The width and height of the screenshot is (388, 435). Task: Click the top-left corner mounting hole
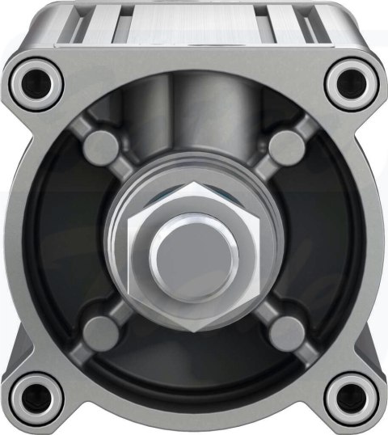coord(35,82)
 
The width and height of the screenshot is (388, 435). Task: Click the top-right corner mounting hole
coord(352,82)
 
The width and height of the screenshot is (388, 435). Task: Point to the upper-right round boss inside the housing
coord(285,147)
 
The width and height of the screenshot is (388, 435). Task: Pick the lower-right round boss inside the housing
coord(285,331)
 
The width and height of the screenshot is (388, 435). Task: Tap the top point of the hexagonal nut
coord(194,184)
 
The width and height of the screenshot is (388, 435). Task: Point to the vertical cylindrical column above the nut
coord(194,121)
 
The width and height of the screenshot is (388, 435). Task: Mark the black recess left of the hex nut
coord(65,243)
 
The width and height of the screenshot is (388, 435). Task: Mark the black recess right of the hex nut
coord(323,243)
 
